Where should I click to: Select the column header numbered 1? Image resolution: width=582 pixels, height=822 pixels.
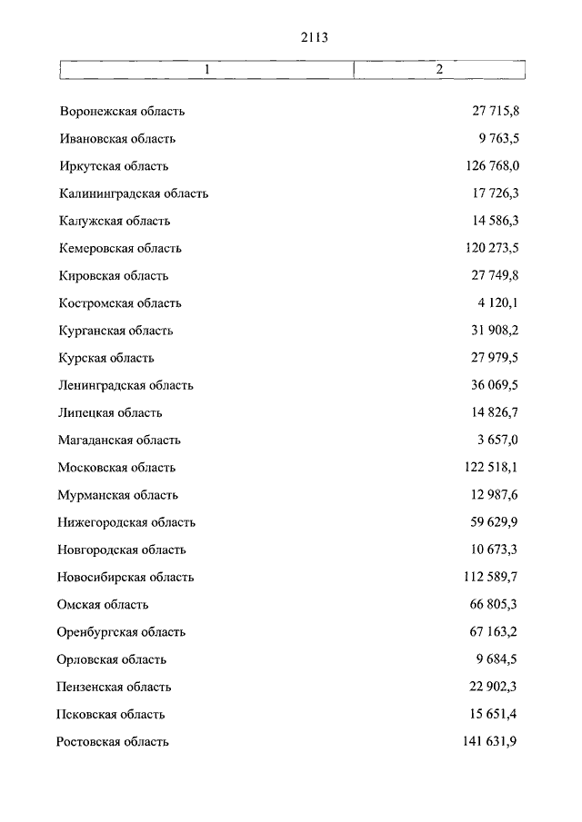click(x=206, y=70)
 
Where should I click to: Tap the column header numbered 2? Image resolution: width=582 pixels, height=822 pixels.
click(x=439, y=70)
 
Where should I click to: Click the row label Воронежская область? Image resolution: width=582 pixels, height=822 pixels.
click(x=122, y=112)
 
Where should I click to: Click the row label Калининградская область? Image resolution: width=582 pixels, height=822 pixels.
click(x=134, y=193)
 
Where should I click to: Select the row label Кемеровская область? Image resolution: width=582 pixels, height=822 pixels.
click(x=120, y=248)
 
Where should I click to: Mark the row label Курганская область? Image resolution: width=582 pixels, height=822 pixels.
click(x=115, y=331)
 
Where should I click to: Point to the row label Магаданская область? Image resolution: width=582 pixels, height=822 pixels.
click(x=119, y=440)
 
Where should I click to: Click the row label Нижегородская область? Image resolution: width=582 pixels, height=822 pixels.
click(x=126, y=522)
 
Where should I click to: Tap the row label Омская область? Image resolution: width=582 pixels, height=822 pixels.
click(x=103, y=605)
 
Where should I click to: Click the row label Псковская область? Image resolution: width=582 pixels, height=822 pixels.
click(x=111, y=714)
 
